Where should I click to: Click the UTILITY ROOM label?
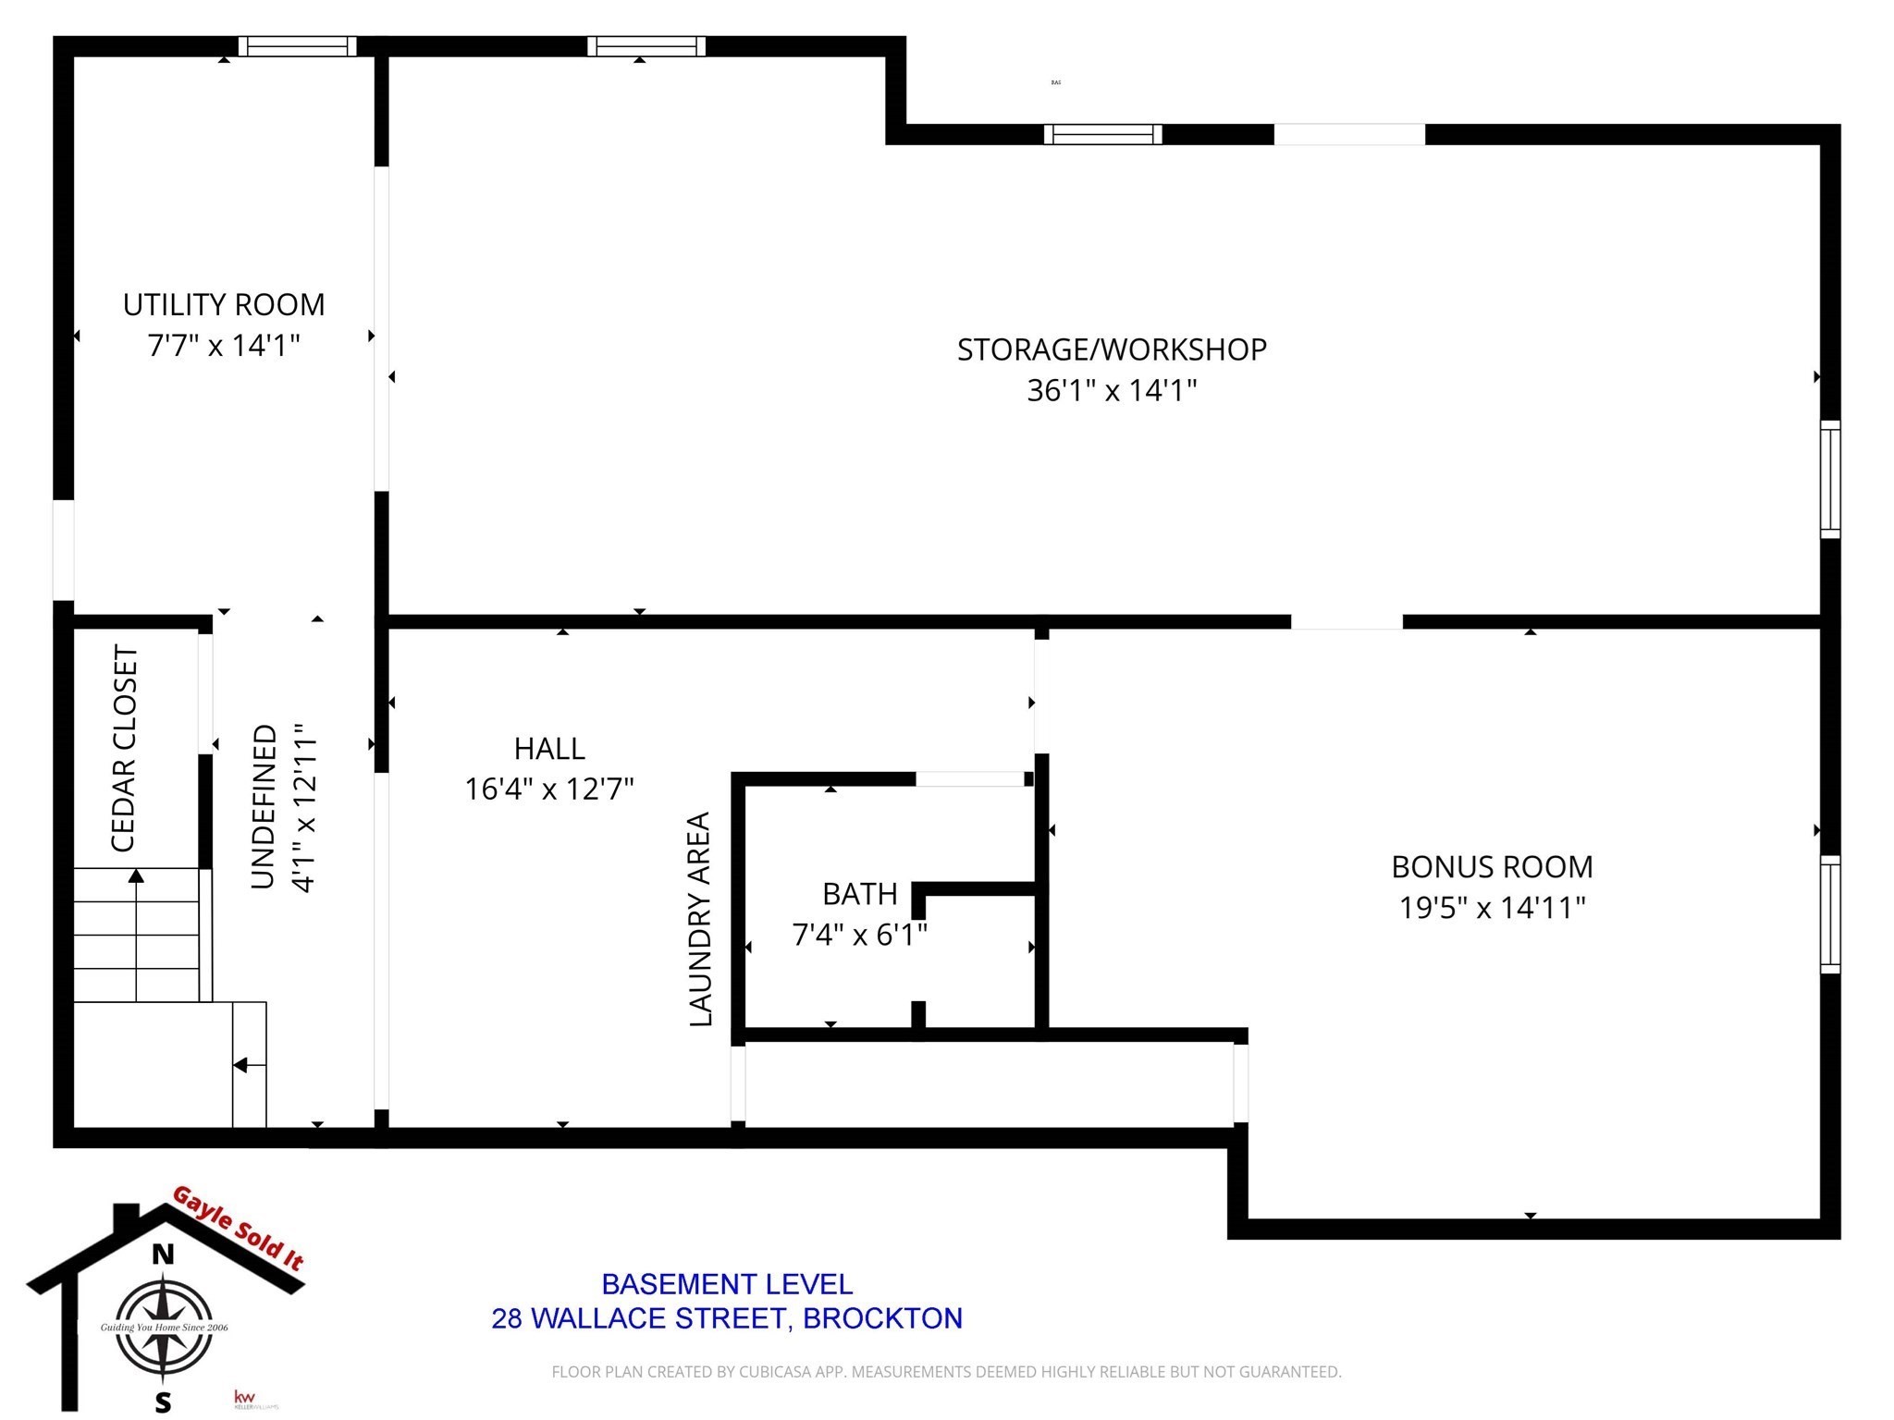224,305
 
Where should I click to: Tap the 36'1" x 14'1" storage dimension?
1112,391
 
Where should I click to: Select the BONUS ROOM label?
1492,867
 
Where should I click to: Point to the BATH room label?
859,894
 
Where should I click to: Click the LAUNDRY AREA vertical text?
700,919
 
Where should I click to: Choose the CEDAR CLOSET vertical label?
124,749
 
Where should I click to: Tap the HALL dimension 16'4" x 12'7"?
549,790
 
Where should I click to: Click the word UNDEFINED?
264,806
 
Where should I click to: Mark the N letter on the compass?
163,1255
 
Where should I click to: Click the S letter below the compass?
163,1402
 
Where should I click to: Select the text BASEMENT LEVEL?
727,1284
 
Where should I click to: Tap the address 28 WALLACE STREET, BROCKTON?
727,1318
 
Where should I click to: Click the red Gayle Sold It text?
239,1228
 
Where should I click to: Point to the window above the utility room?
297,46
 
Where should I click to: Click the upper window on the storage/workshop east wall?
1830,479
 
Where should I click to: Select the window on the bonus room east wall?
1830,914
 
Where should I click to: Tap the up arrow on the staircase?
136,876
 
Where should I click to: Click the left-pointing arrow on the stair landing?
241,1065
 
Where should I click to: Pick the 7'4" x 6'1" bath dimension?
859,936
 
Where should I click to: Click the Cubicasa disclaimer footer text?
946,1372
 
